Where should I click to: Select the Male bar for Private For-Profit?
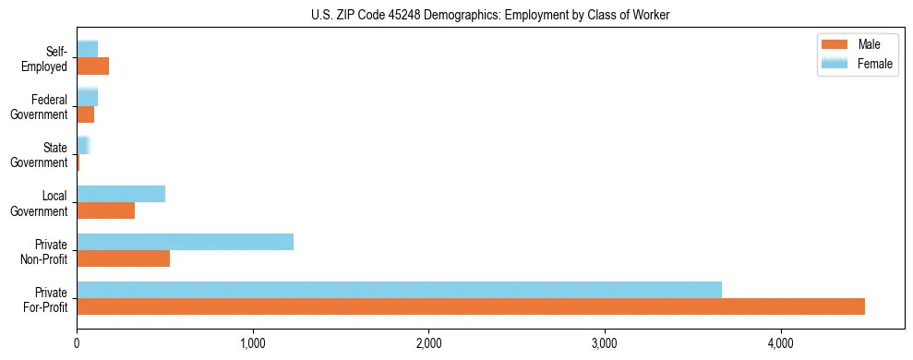point(471,306)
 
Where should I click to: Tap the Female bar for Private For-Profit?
point(399,289)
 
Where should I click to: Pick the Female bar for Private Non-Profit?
point(185,242)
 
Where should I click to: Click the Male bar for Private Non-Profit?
point(123,258)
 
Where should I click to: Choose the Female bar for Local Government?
point(121,194)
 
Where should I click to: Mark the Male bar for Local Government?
point(105,210)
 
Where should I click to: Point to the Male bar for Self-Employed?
point(92,66)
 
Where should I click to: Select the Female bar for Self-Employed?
point(87,49)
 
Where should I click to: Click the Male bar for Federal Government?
point(85,114)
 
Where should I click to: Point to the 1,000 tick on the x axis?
point(252,344)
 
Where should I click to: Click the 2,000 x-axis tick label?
point(428,344)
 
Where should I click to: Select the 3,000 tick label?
point(605,344)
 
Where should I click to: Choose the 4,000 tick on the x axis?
point(781,344)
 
